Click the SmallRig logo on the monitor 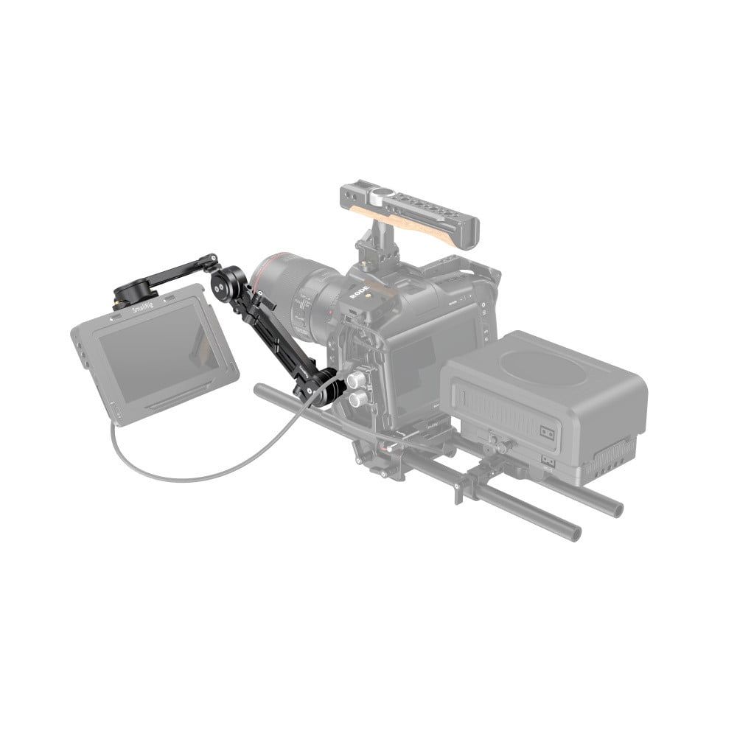click(x=144, y=312)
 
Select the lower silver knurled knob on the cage click(x=358, y=400)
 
